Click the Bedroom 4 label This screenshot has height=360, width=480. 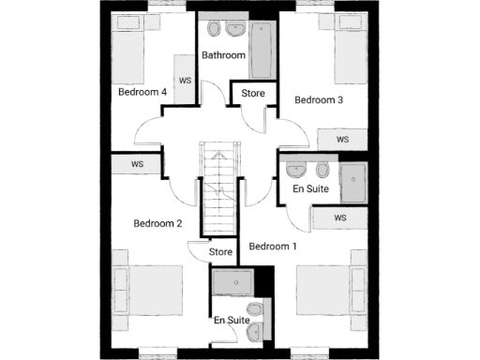[142, 93]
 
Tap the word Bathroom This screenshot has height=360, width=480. [224, 55]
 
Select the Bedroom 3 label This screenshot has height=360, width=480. [320, 99]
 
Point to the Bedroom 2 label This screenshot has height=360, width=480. [157, 223]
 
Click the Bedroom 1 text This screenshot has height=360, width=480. [272, 247]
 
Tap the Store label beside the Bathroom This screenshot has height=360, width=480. [253, 94]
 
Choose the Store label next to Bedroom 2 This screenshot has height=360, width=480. [220, 252]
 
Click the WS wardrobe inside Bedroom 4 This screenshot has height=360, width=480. [185, 79]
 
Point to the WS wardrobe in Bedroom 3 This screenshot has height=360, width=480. [341, 140]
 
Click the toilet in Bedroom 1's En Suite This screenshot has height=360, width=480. [322, 171]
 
